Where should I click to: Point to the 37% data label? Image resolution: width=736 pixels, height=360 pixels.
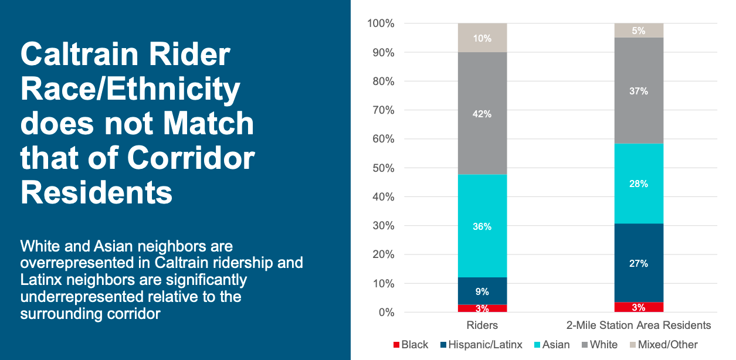[639, 91]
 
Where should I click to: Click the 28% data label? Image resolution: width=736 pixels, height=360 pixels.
[639, 184]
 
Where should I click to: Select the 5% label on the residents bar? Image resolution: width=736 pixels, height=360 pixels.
[639, 31]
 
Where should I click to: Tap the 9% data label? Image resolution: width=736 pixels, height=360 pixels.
[482, 291]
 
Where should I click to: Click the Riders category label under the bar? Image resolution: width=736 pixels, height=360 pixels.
[482, 325]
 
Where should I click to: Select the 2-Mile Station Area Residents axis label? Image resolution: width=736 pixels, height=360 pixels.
[639, 325]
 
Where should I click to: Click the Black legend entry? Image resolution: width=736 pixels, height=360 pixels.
[414, 345]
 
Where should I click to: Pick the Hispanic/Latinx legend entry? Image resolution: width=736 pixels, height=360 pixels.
[484, 345]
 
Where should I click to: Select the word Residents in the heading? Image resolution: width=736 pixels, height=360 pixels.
[97, 192]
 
